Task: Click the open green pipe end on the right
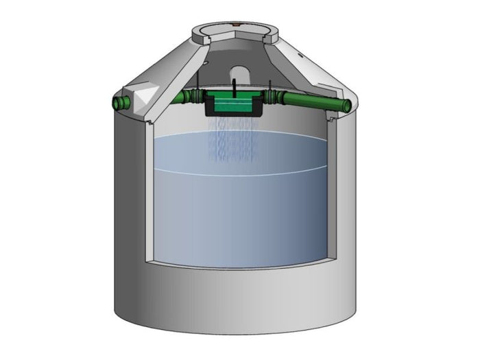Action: pyautogui.click(x=346, y=105)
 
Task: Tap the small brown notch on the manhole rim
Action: pyautogui.click(x=235, y=24)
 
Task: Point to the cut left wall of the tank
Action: pyautogui.click(x=147, y=199)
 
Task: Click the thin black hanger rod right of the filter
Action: pyautogui.click(x=269, y=87)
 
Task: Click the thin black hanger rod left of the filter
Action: pyautogui.click(x=198, y=87)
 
